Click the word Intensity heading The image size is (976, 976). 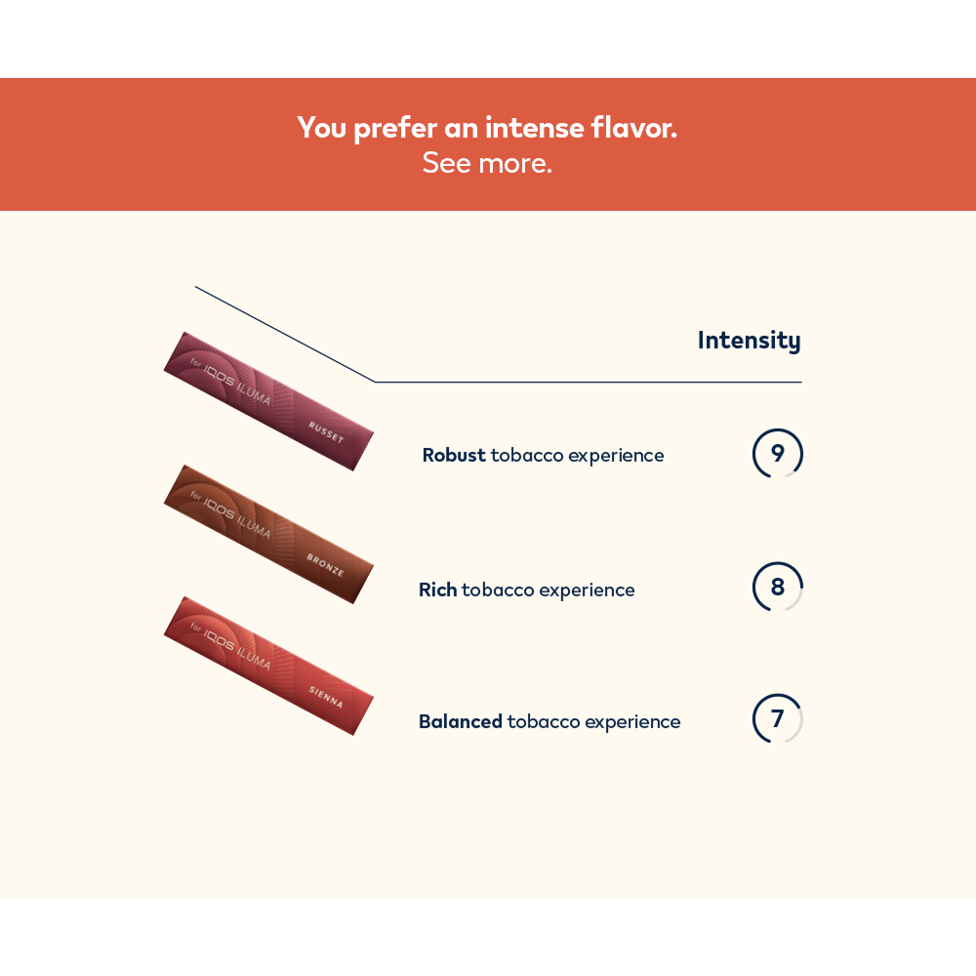(749, 341)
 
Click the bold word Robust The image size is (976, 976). (454, 455)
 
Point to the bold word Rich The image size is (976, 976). (438, 590)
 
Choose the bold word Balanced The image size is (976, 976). (461, 721)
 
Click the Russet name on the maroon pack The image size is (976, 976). (326, 432)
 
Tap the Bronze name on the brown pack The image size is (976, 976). (325, 564)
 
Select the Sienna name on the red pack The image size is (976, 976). (326, 697)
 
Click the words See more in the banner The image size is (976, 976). (487, 163)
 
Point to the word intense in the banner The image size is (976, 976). (535, 128)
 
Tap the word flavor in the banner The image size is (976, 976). (633, 128)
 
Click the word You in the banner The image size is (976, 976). (321, 128)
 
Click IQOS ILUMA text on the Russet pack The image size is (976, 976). (237, 384)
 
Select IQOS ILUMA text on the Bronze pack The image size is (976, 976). (237, 517)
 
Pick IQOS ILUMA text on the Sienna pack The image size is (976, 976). (237, 649)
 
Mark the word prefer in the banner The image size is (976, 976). (395, 130)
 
